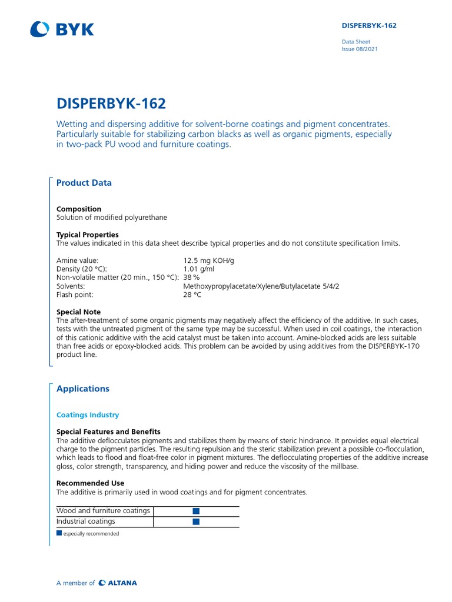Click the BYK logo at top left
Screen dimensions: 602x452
tap(62, 29)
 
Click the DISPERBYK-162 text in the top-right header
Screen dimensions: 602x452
tap(369, 26)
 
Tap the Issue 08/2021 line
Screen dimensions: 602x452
tap(360, 49)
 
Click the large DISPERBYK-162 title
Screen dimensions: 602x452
tap(111, 104)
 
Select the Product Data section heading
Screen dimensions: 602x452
tap(84, 183)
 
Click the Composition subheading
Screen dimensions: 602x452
tap(79, 209)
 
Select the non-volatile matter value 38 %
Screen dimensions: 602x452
tap(191, 277)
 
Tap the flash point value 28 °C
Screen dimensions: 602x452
tap(192, 295)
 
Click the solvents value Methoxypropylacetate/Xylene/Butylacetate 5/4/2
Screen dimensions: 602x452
tap(261, 286)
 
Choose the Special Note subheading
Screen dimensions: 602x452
tap(78, 312)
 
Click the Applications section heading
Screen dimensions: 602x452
tap(83, 389)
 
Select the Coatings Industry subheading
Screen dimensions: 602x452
tap(88, 415)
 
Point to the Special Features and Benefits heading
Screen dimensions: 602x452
tap(108, 432)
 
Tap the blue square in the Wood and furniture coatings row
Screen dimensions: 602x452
tap(196, 511)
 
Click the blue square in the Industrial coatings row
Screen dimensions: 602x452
tap(196, 521)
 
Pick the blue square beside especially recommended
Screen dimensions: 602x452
tap(59, 534)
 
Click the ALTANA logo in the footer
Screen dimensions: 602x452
tap(118, 583)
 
